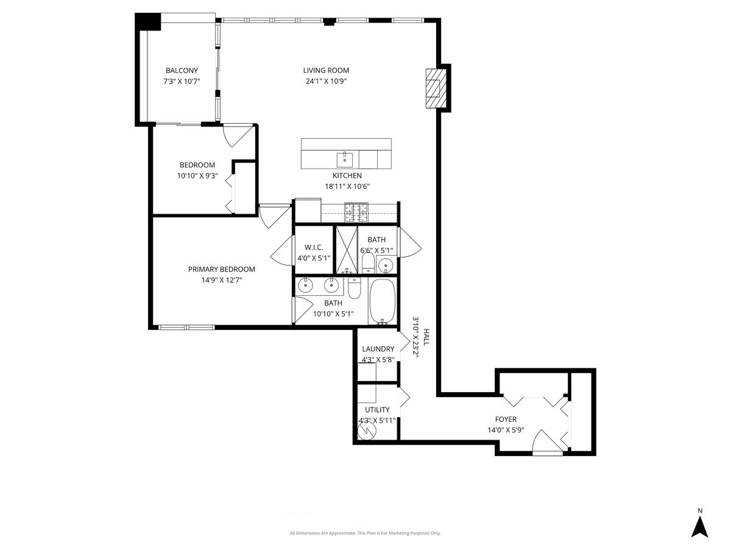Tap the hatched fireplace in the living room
click(x=434, y=88)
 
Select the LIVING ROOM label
click(x=327, y=71)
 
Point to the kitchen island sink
click(x=345, y=160)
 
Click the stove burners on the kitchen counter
click(x=357, y=212)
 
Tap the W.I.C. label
click(x=313, y=247)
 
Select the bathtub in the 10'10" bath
click(x=383, y=301)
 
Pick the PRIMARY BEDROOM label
click(x=221, y=269)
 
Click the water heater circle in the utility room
click(x=367, y=430)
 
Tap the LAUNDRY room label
click(x=378, y=349)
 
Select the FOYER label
click(x=506, y=419)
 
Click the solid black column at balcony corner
click(x=147, y=23)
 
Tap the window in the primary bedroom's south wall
click(x=186, y=328)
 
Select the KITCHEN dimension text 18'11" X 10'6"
click(x=347, y=187)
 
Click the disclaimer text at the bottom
click(x=365, y=533)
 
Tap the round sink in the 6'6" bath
click(x=384, y=265)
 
